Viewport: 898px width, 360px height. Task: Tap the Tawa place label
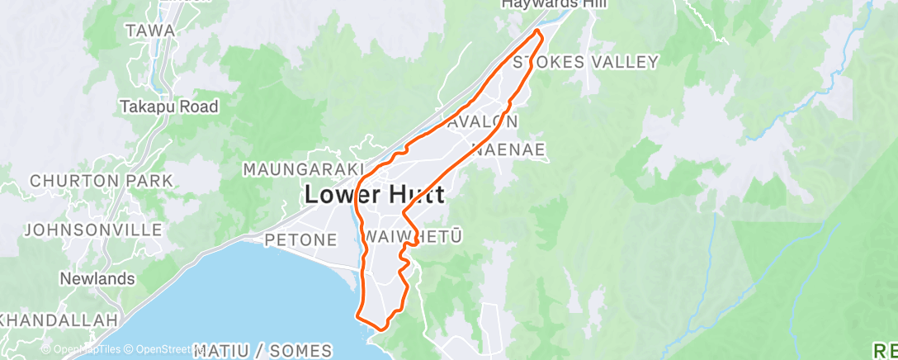click(x=149, y=31)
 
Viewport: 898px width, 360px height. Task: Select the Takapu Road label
click(x=169, y=107)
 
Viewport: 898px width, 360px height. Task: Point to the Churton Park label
click(x=101, y=180)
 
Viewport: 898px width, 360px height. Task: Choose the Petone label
click(x=300, y=240)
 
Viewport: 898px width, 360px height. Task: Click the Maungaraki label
click(x=298, y=168)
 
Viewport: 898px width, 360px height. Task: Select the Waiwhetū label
click(x=412, y=237)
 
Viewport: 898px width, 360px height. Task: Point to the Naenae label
click(x=508, y=149)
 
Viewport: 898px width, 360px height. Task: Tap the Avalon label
click(x=484, y=121)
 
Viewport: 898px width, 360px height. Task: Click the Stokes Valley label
click(x=585, y=62)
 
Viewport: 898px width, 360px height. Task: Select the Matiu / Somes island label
click(x=263, y=351)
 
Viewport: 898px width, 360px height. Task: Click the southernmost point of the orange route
click(x=380, y=329)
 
